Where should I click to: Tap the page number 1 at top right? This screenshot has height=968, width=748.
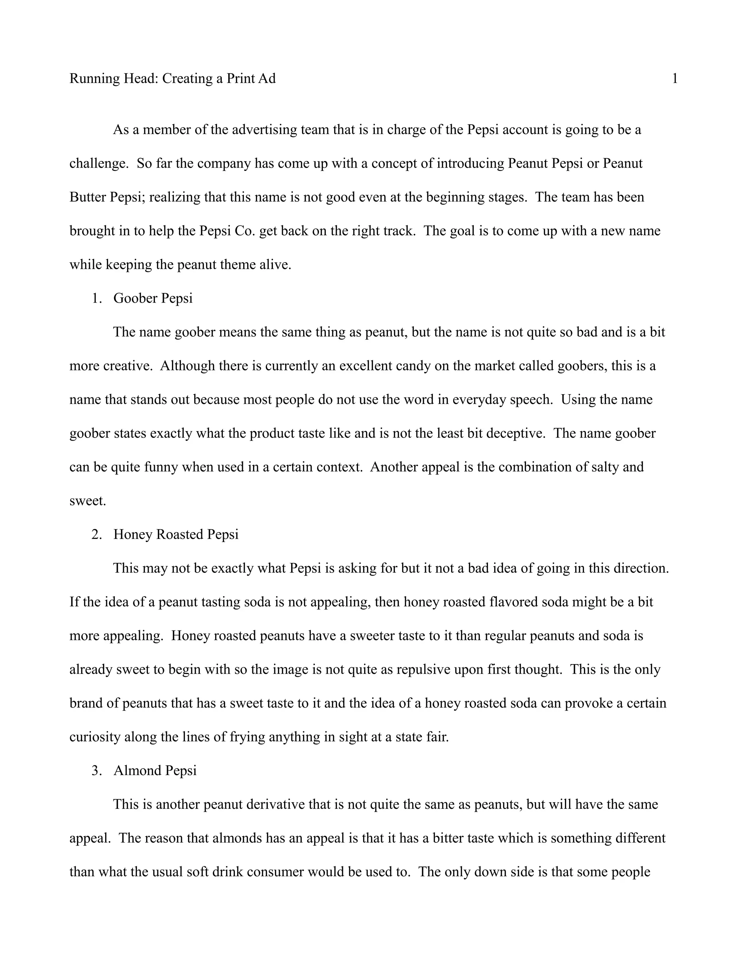675,79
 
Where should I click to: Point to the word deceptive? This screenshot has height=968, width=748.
516,434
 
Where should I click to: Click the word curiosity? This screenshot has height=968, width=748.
95,737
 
